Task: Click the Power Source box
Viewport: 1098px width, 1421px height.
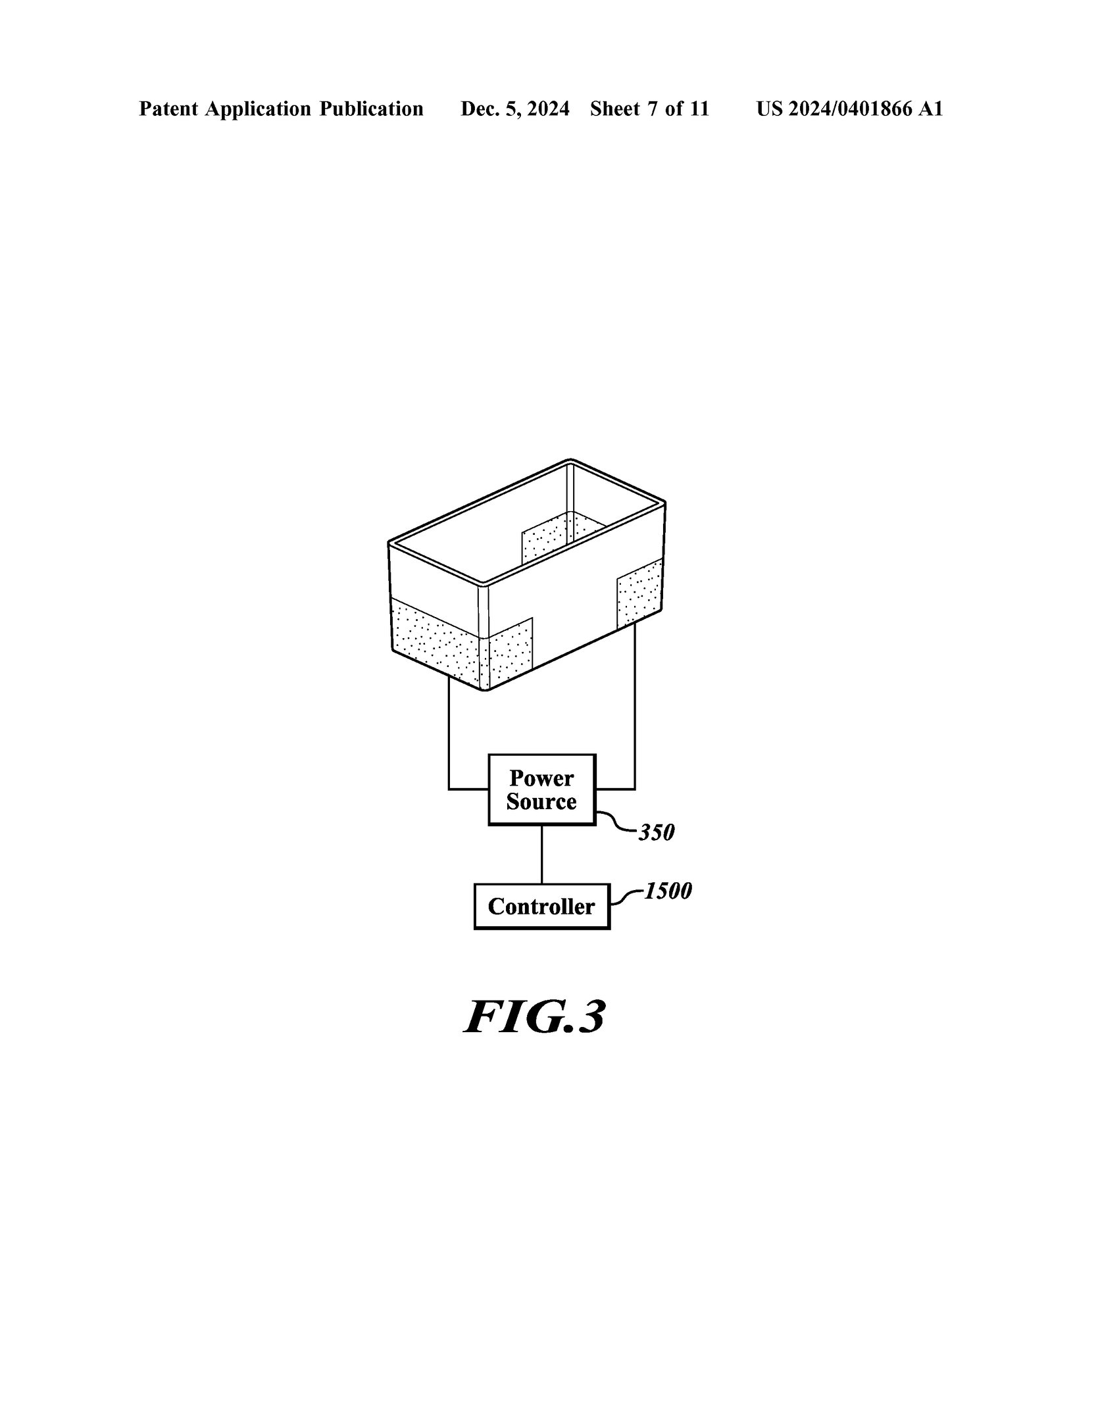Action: coord(541,789)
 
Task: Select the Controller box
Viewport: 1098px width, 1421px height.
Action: coord(541,906)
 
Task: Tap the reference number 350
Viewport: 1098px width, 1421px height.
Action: coord(657,833)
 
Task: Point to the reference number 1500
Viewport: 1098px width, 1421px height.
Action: coord(668,891)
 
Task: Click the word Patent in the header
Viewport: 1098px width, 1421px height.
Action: coord(168,109)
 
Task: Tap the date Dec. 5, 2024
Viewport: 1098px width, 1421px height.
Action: coord(514,109)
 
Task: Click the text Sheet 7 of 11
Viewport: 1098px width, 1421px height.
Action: coord(649,109)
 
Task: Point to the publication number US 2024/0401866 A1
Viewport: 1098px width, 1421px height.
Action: coord(849,109)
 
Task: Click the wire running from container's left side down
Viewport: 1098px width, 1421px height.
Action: coord(449,730)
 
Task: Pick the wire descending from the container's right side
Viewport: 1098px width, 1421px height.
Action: coord(634,710)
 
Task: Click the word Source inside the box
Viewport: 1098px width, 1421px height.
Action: coord(541,801)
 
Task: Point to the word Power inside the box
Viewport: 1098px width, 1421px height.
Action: coord(541,778)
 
